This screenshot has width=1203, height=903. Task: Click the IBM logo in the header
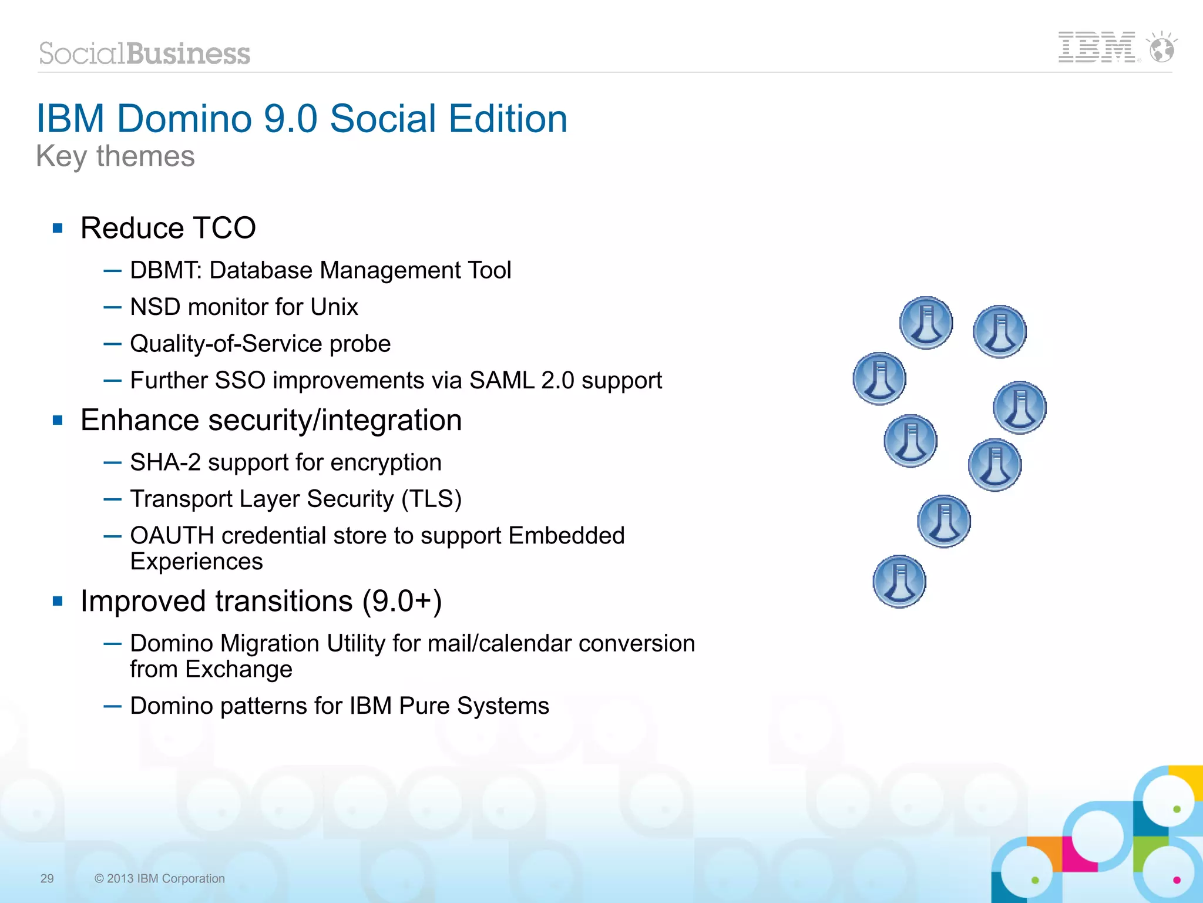point(1096,47)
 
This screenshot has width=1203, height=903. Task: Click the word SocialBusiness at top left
point(145,53)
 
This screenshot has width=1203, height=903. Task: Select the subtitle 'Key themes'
point(115,156)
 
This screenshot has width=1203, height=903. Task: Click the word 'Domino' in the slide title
point(184,119)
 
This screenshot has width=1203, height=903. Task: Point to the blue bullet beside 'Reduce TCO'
point(58,228)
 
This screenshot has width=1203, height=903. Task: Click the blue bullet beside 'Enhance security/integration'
point(58,420)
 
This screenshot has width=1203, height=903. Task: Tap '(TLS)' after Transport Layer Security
point(432,499)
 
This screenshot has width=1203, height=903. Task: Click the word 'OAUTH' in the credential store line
point(172,535)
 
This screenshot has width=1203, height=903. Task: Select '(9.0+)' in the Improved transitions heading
point(402,601)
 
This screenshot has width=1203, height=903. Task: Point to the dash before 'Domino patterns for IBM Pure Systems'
point(112,706)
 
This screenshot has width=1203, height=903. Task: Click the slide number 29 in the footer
point(47,878)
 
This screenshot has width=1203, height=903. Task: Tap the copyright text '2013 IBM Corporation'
point(166,878)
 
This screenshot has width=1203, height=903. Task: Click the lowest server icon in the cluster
point(899,582)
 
